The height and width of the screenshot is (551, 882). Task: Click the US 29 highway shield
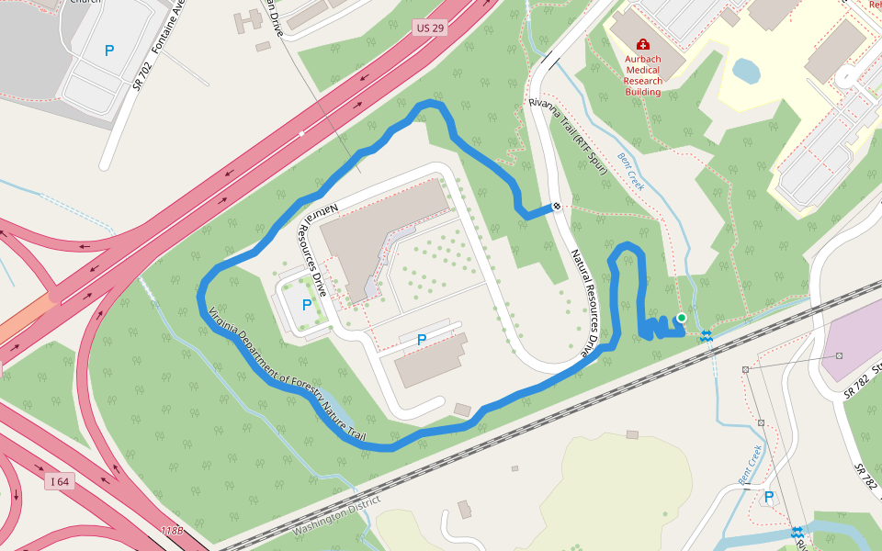429,28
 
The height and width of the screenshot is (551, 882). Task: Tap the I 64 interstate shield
60,481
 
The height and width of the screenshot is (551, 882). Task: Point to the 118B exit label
171,531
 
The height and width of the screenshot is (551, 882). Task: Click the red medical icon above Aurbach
642,44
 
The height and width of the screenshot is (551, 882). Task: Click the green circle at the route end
681,318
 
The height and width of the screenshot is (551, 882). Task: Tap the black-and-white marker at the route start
557,207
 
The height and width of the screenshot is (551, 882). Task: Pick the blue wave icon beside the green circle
706,336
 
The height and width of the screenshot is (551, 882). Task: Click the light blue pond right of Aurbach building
746,70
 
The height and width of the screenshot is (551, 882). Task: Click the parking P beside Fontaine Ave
109,51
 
